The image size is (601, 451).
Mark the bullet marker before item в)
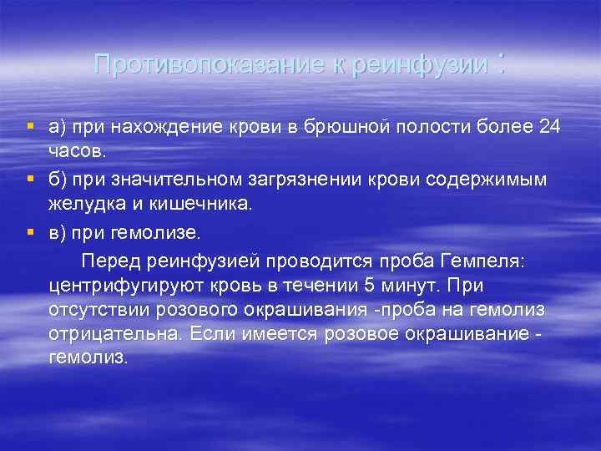point(30,231)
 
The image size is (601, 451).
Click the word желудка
point(87,205)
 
